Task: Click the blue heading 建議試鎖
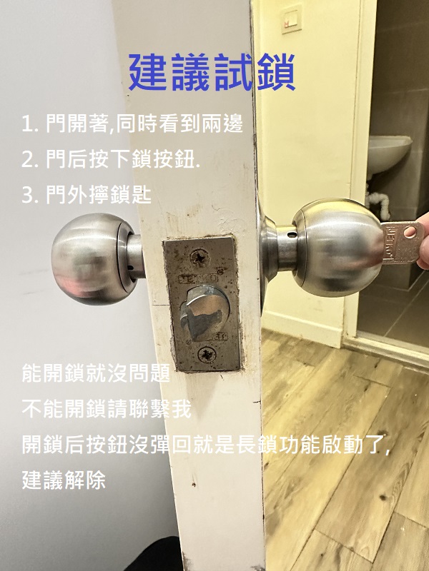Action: [212, 72]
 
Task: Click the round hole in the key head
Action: [410, 232]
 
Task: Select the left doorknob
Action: [97, 258]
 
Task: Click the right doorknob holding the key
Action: [325, 248]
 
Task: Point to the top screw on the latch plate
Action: [200, 258]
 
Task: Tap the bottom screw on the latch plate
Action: [207, 354]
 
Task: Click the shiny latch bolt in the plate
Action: [204, 312]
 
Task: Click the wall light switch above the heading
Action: [292, 19]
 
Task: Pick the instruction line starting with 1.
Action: [132, 123]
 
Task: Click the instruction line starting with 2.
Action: [111, 159]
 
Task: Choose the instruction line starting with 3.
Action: [87, 195]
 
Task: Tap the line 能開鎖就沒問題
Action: [96, 373]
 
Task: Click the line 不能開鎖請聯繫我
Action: [107, 408]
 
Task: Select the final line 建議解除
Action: [64, 480]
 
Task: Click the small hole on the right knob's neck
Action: [291, 233]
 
